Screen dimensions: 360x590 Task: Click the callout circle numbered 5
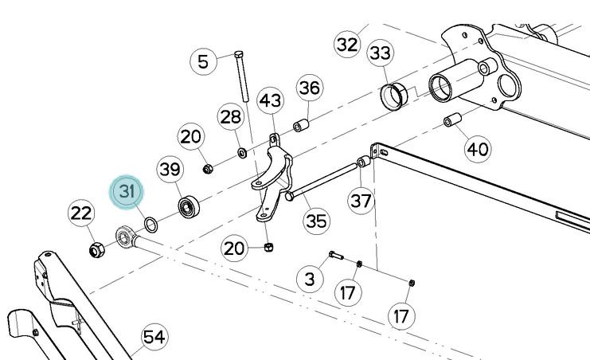coord(204,61)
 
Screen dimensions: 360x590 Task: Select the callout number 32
coord(347,44)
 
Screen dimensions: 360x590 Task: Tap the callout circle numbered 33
coord(381,53)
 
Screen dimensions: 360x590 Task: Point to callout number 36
coord(309,87)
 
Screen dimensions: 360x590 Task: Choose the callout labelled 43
coord(271,101)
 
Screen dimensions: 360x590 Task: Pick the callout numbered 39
coord(170,169)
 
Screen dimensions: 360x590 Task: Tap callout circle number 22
coord(81,213)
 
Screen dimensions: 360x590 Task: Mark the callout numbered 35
coord(316,220)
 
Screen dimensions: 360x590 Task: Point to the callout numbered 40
coord(477,148)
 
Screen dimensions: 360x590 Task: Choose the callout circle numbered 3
coord(310,278)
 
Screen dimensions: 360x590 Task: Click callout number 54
coord(154,337)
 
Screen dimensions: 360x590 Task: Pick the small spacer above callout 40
coord(453,122)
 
